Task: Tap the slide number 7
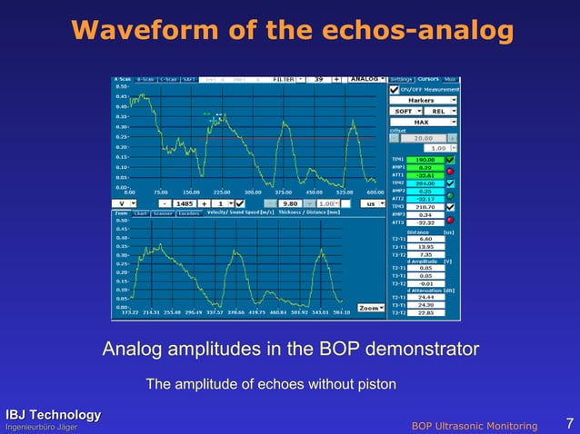[568, 423]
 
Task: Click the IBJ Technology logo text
[50, 415]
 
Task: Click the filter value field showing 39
[319, 79]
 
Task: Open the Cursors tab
[428, 79]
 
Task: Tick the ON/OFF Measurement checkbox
[394, 89]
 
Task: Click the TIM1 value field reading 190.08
[425, 159]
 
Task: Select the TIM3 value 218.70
[425, 207]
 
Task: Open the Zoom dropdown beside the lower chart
[370, 308]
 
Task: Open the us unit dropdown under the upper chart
[371, 203]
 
